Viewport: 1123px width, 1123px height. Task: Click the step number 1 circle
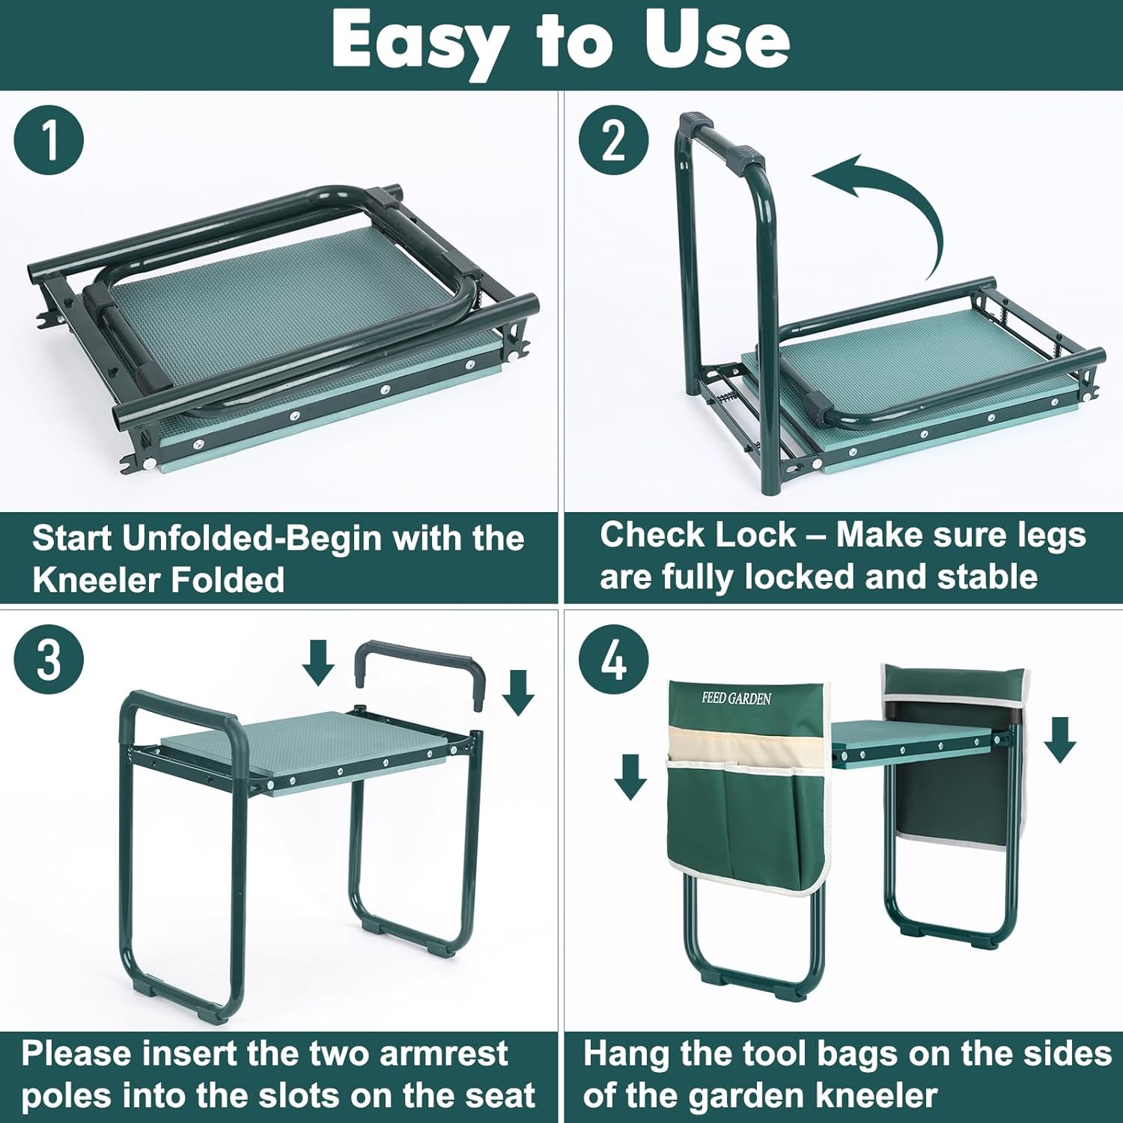49,140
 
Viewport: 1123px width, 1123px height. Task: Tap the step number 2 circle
614,140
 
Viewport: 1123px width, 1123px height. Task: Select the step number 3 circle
49,660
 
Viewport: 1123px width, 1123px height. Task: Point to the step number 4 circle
614,660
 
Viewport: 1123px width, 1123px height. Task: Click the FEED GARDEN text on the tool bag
736,699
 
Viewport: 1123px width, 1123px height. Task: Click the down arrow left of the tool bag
630,776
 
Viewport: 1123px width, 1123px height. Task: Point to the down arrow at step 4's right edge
1059,740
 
